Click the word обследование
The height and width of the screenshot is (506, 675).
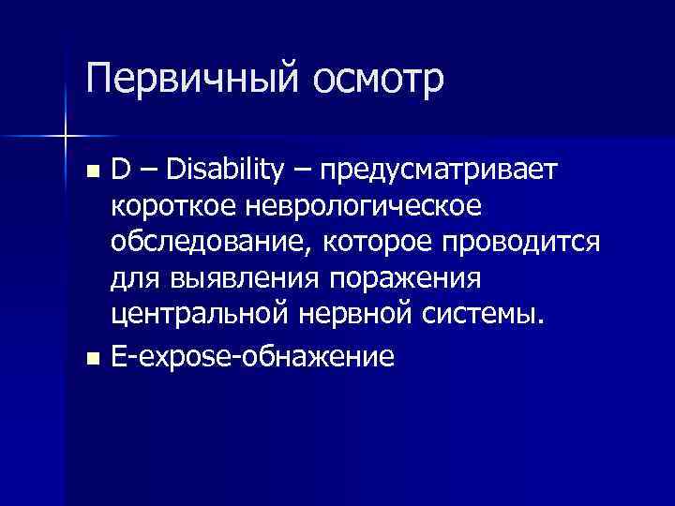click(212, 243)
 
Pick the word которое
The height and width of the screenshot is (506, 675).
click(378, 243)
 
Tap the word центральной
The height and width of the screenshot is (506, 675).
click(197, 316)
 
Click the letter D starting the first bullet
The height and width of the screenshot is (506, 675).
click(120, 170)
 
